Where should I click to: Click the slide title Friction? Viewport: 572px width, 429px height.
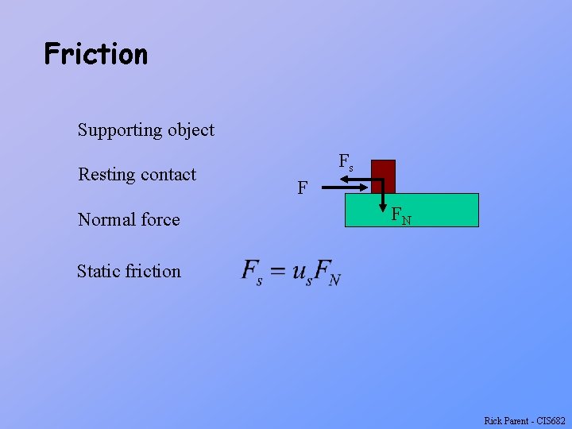click(96, 54)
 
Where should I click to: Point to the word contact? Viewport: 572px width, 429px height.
click(168, 175)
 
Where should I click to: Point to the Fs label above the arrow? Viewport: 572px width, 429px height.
click(346, 161)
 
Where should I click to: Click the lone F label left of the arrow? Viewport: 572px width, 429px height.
click(303, 188)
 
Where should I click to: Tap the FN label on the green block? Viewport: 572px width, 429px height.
click(400, 215)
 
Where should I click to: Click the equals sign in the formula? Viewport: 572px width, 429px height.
click(277, 272)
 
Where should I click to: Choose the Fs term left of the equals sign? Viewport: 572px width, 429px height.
click(252, 272)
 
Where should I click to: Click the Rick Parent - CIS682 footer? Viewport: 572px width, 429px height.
click(524, 421)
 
